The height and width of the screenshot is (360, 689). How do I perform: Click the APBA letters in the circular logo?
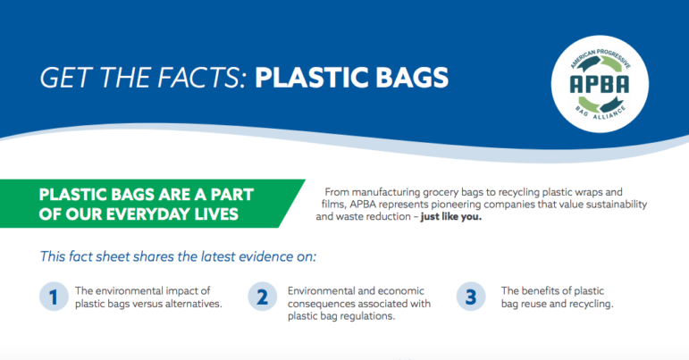pyautogui.click(x=600, y=84)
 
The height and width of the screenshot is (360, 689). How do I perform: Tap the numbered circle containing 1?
pyautogui.click(x=54, y=297)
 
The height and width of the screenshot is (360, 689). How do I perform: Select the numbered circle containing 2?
pyautogui.click(x=263, y=297)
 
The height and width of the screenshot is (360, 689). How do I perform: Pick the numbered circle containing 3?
pyautogui.click(x=471, y=297)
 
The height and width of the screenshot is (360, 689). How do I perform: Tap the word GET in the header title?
pyautogui.click(x=66, y=78)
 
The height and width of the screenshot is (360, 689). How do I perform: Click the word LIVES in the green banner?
pyautogui.click(x=217, y=214)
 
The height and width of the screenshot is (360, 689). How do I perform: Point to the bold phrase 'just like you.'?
pyautogui.click(x=450, y=216)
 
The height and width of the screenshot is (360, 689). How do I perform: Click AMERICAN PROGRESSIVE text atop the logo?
pyautogui.click(x=601, y=56)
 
